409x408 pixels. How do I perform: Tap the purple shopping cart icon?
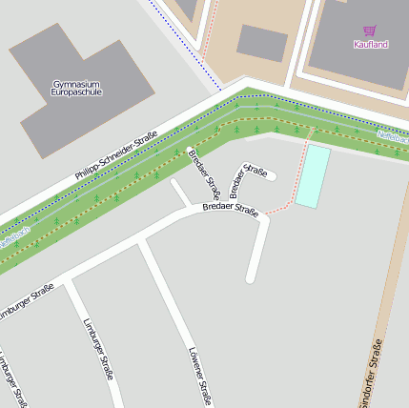369,31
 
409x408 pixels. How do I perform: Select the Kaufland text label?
371,44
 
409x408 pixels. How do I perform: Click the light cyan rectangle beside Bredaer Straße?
312,176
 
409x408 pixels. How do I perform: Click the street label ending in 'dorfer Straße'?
374,372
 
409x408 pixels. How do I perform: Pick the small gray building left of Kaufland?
262,43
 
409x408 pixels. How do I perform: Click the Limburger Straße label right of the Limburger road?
98,348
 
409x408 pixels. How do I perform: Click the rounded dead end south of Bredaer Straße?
251,278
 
